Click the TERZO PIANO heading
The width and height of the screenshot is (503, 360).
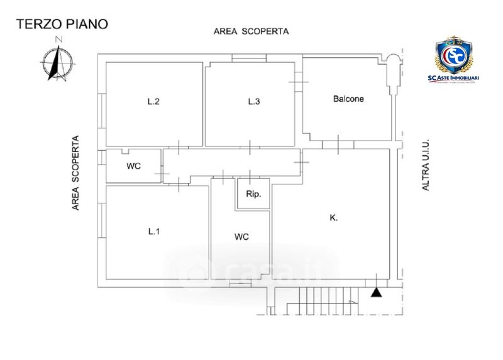[62, 24]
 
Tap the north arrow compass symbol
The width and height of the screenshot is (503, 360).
[57, 62]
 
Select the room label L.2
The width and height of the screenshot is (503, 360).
[153, 102]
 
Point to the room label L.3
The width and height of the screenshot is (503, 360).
[253, 102]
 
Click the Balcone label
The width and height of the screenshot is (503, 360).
[348, 99]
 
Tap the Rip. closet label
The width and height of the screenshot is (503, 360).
[253, 194]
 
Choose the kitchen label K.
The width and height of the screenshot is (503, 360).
[333, 218]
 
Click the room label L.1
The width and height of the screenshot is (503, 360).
[154, 232]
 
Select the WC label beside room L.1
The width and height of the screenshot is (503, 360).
[241, 237]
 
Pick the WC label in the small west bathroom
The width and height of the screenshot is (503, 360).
[133, 166]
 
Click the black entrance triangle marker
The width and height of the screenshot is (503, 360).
[376, 292]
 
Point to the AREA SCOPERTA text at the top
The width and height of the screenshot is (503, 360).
[250, 31]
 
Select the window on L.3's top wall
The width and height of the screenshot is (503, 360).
[248, 58]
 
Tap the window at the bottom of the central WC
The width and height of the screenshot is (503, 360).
[238, 284]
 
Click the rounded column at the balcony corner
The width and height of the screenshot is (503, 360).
[393, 63]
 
